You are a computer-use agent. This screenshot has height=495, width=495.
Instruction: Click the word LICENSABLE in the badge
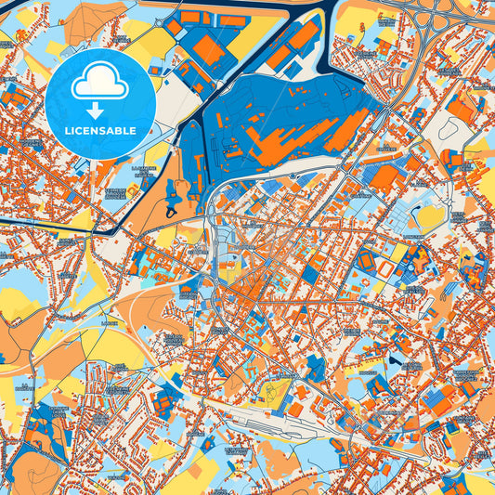[102, 130]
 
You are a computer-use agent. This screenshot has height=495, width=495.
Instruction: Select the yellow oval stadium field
[430, 216]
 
